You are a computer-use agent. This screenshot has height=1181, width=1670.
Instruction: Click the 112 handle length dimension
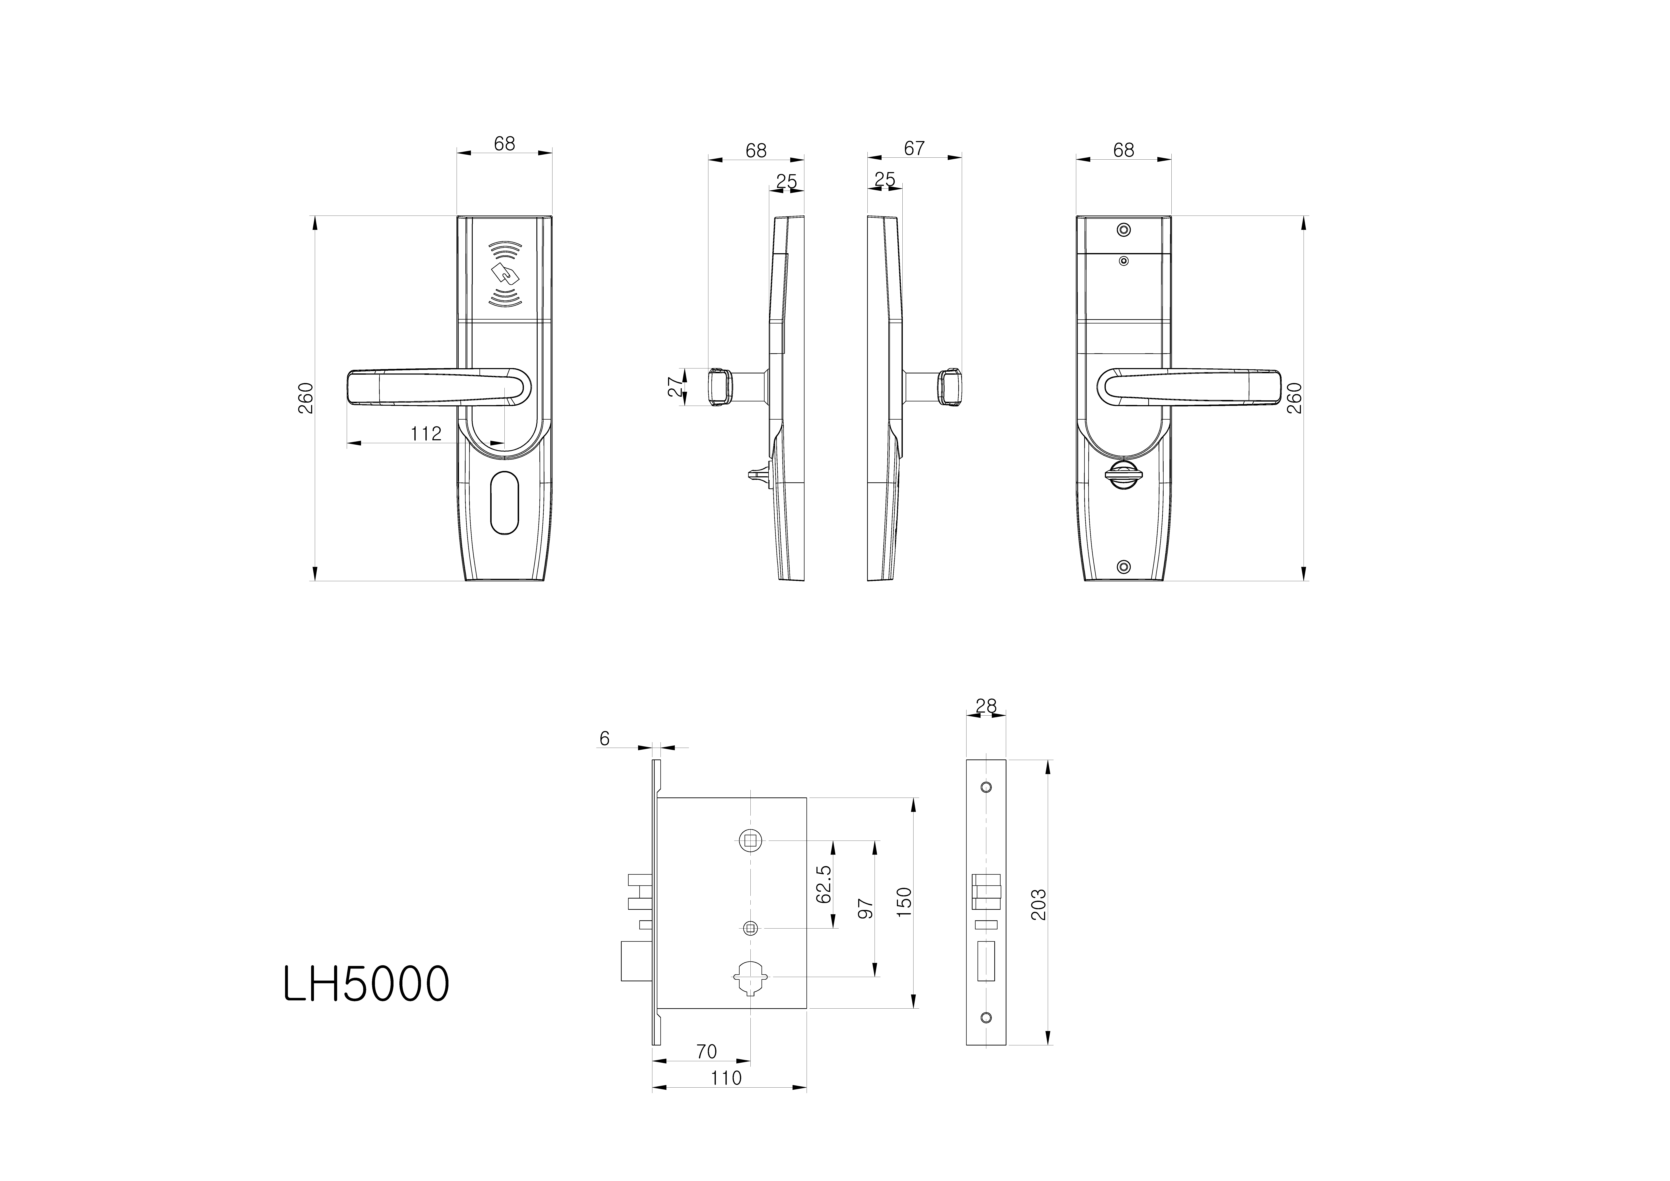(425, 434)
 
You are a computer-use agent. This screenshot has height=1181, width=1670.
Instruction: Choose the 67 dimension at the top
(914, 148)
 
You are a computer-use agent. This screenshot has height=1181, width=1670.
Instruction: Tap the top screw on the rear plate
(1124, 230)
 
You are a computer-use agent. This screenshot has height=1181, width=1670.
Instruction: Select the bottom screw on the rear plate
(1124, 567)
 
